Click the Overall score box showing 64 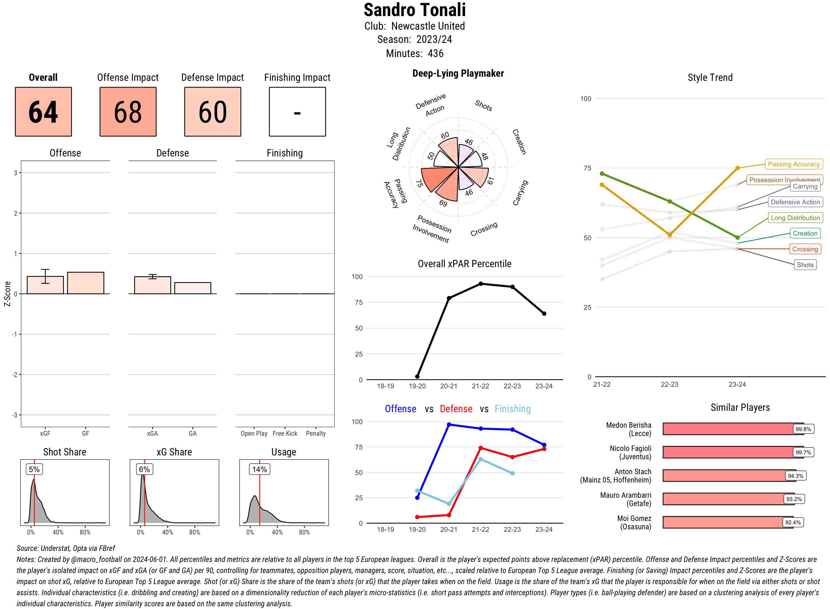click(43, 112)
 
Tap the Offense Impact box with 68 click(128, 112)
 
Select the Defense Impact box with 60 click(212, 112)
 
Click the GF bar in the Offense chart click(85, 283)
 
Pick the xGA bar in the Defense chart click(152, 285)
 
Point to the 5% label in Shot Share click(34, 469)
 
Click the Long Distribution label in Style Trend click(795, 218)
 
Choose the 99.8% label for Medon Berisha click(803, 429)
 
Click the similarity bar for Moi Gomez click(728, 522)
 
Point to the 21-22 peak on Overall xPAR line click(480, 284)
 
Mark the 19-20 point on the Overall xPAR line click(417, 376)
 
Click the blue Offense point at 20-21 click(449, 425)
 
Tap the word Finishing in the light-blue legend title click(512, 409)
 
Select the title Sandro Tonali click(414, 10)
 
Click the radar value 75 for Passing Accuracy click(419, 183)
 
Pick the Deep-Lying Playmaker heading click(458, 73)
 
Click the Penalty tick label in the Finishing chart click(316, 433)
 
